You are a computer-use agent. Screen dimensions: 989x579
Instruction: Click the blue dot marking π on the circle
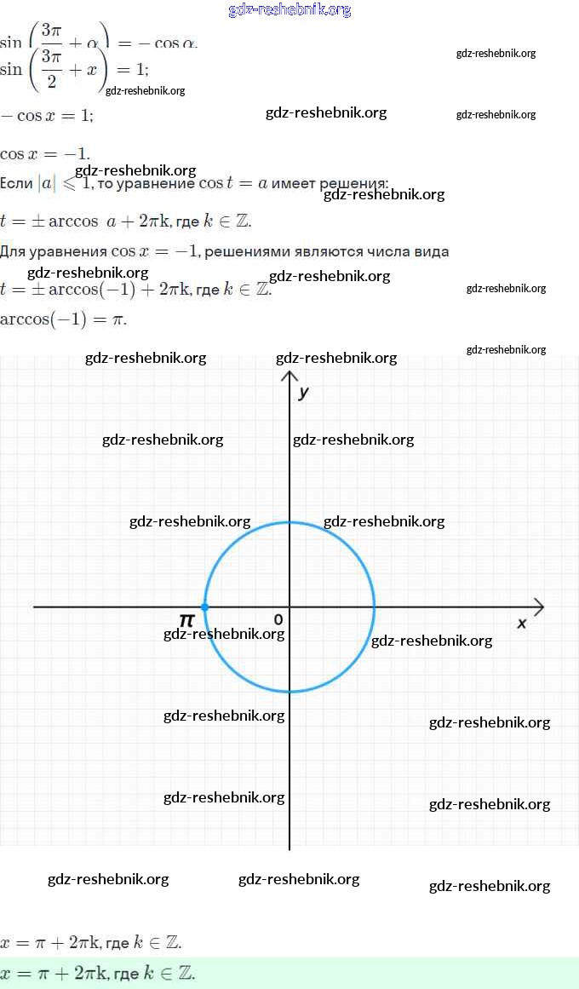204,607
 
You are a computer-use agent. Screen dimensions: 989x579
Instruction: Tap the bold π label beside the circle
186,619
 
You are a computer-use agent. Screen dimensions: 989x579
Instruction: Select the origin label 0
278,619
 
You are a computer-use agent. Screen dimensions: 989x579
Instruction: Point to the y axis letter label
303,393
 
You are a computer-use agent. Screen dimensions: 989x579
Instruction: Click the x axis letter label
522,624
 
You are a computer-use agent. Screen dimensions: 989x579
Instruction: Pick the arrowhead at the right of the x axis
538,607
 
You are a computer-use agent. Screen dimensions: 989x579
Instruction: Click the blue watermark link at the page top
289,10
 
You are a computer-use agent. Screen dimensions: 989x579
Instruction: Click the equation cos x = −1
45,154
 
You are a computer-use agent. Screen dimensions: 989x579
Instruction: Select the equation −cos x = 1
47,116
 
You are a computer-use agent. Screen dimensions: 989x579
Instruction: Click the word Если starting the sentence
16,183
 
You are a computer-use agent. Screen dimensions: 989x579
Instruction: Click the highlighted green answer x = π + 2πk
98,973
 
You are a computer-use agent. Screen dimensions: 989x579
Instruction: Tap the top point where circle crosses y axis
289,522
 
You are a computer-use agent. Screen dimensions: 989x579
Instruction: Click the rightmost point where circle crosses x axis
374,607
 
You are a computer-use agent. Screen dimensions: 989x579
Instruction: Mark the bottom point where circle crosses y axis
289,691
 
